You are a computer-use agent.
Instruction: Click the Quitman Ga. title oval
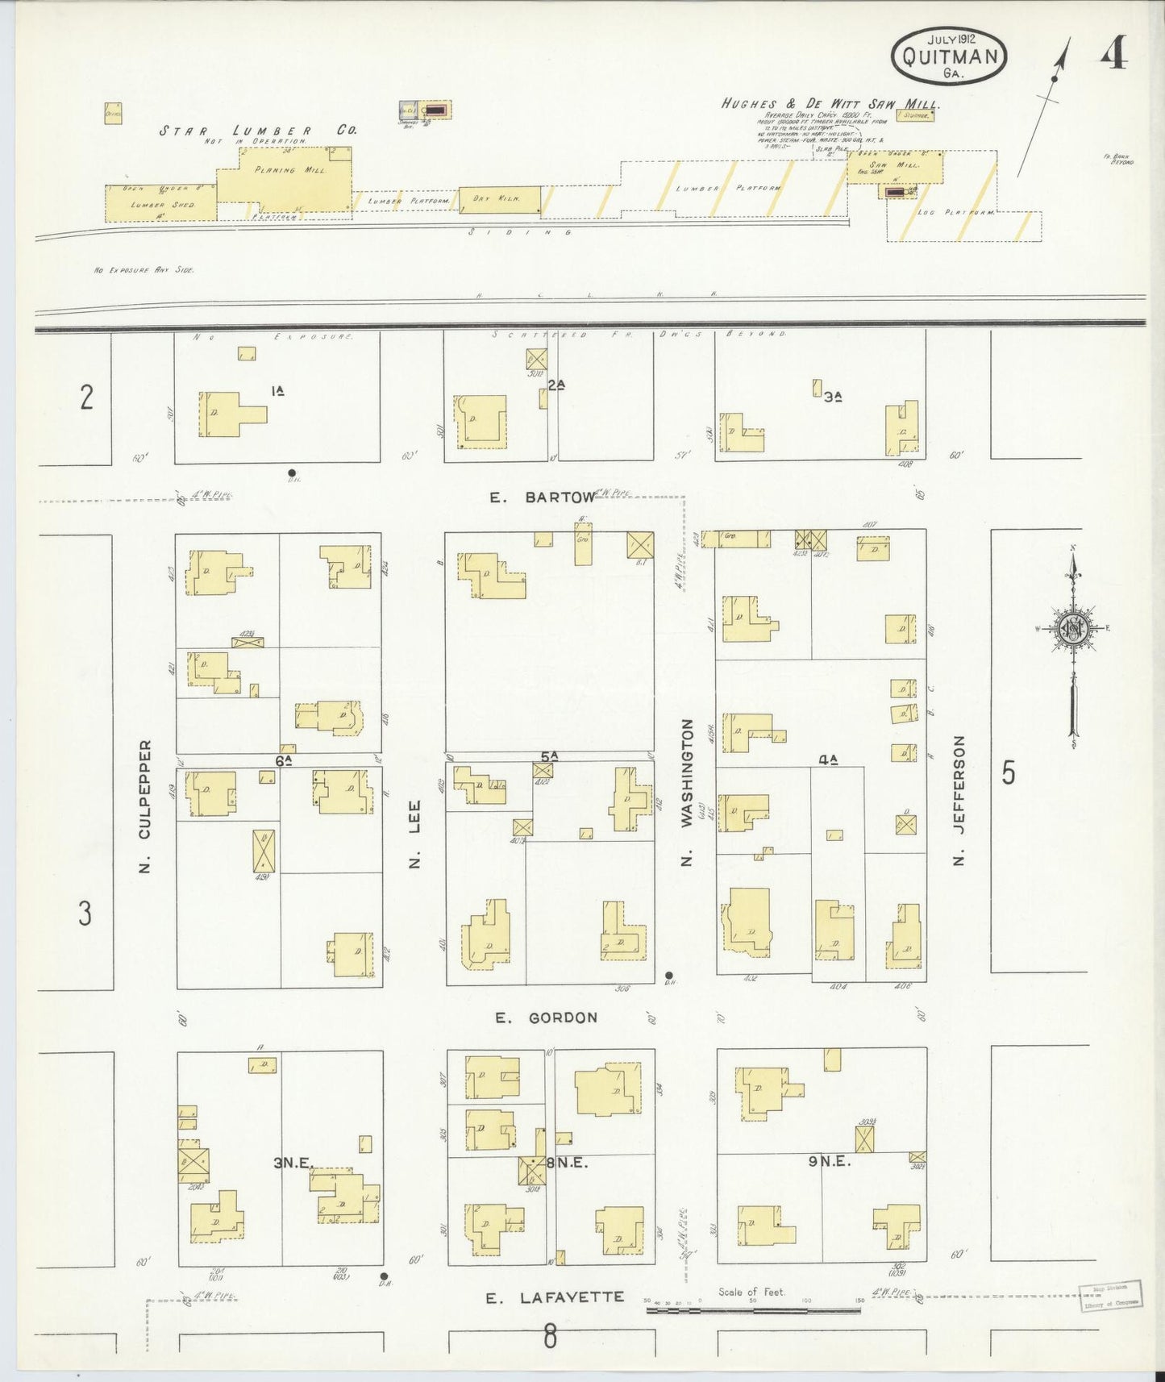click(x=949, y=56)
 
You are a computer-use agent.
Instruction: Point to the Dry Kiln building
click(x=500, y=199)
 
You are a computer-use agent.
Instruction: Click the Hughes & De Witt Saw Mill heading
click(x=830, y=104)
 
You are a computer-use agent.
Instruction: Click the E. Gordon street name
click(x=547, y=1018)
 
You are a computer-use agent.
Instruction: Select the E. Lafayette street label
click(x=555, y=1297)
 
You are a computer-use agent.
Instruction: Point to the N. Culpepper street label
click(x=145, y=806)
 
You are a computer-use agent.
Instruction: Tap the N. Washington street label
click(x=687, y=792)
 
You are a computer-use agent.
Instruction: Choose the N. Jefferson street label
click(x=959, y=800)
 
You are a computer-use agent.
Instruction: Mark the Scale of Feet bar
click(x=754, y=1310)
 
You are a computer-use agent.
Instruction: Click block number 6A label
click(x=283, y=760)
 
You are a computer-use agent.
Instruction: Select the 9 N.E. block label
click(x=830, y=1162)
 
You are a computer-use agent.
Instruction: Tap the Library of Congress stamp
click(x=1111, y=1295)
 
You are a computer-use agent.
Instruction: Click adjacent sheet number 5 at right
click(x=1008, y=772)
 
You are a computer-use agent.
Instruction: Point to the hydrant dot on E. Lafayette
click(x=384, y=1276)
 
